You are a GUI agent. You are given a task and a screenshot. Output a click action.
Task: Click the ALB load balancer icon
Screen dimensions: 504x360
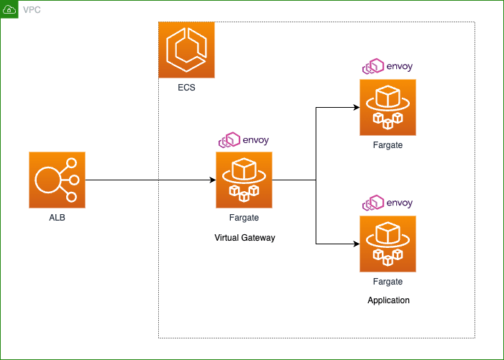pos(58,180)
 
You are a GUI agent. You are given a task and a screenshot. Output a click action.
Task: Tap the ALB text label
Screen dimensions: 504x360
pos(58,218)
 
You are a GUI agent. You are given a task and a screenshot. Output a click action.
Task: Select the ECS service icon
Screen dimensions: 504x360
pos(186,50)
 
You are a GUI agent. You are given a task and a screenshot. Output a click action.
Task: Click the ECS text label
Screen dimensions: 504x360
pos(186,88)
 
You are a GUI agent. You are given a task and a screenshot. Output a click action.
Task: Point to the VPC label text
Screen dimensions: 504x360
pos(32,9)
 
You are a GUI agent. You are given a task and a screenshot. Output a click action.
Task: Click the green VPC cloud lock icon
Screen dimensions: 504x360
pos(9,9)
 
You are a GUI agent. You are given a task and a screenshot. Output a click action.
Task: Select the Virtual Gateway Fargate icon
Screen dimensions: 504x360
pos(244,180)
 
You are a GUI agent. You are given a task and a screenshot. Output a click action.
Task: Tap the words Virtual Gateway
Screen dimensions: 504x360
pos(244,238)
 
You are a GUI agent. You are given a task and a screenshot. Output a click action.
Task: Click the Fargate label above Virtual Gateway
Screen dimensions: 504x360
pos(244,218)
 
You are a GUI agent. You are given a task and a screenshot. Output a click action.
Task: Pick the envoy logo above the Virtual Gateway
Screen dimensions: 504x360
pos(244,139)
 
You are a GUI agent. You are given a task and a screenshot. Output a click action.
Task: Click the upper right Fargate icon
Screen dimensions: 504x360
pos(388,107)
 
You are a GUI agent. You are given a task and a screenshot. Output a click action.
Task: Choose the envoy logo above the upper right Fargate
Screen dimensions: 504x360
pos(388,66)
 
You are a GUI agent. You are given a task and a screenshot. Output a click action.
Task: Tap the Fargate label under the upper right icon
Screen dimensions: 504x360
pos(388,145)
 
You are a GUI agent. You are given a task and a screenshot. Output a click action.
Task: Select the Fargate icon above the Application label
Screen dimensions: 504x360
pos(388,244)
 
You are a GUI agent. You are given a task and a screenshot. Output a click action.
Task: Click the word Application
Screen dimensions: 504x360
pos(388,300)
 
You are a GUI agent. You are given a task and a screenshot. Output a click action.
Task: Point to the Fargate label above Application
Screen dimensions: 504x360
pos(388,282)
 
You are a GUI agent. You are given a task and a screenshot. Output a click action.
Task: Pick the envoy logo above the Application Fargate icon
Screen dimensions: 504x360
pos(388,203)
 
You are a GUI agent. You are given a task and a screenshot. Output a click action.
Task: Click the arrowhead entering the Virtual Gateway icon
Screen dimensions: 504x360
pos(213,180)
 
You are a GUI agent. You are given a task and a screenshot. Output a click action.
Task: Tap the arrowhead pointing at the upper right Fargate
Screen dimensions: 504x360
pos(357,107)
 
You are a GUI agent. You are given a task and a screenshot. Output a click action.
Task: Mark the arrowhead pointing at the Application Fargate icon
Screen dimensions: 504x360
pos(357,244)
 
